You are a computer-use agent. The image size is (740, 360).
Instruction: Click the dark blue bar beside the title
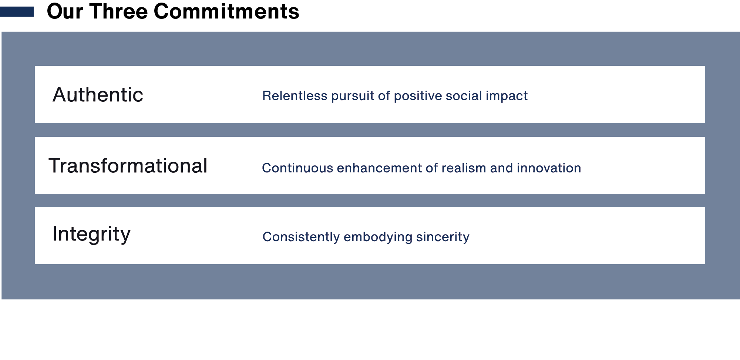pos(17,12)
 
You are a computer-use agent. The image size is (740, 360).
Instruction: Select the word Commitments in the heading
pos(226,11)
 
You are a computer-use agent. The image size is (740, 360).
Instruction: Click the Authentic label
pos(98,95)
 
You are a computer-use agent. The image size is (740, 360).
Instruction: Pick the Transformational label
pos(128,166)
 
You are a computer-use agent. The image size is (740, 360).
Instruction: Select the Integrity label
pos(91,234)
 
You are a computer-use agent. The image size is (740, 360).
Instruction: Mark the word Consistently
pos(301,237)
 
